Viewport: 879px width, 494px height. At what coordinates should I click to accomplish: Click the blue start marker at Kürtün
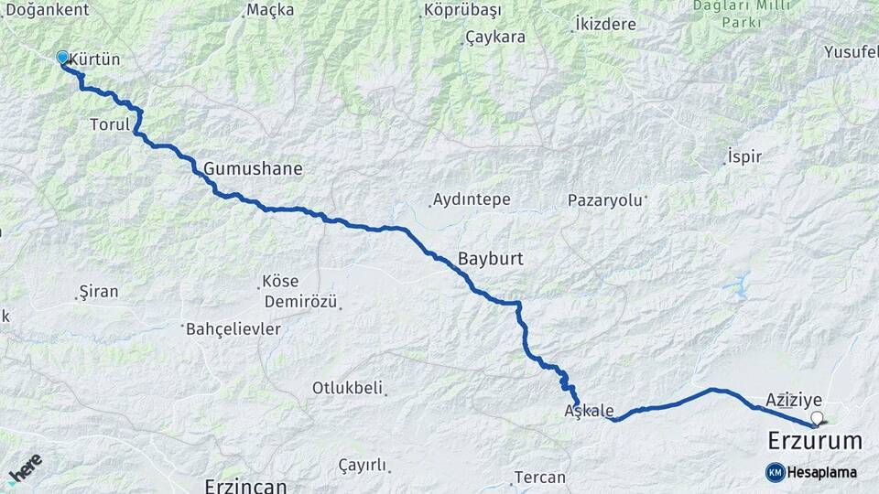click(x=62, y=58)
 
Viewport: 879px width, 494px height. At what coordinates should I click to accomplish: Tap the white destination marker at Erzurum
click(x=817, y=419)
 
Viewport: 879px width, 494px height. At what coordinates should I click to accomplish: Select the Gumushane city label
click(x=253, y=169)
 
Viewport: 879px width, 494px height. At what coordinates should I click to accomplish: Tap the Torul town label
click(x=110, y=123)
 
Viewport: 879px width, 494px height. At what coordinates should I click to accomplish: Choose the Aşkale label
click(x=590, y=411)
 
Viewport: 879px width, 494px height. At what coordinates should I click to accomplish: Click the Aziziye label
click(x=794, y=400)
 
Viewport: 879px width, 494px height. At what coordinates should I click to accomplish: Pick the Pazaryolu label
click(x=605, y=199)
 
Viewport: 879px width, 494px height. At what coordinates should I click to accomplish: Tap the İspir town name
click(x=743, y=156)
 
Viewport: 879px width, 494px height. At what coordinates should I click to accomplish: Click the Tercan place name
click(x=539, y=478)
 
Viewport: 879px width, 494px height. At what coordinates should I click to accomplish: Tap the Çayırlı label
click(x=363, y=465)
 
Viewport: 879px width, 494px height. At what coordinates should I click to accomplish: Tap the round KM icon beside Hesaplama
click(x=775, y=472)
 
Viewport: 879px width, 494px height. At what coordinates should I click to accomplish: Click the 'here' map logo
click(x=25, y=469)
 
